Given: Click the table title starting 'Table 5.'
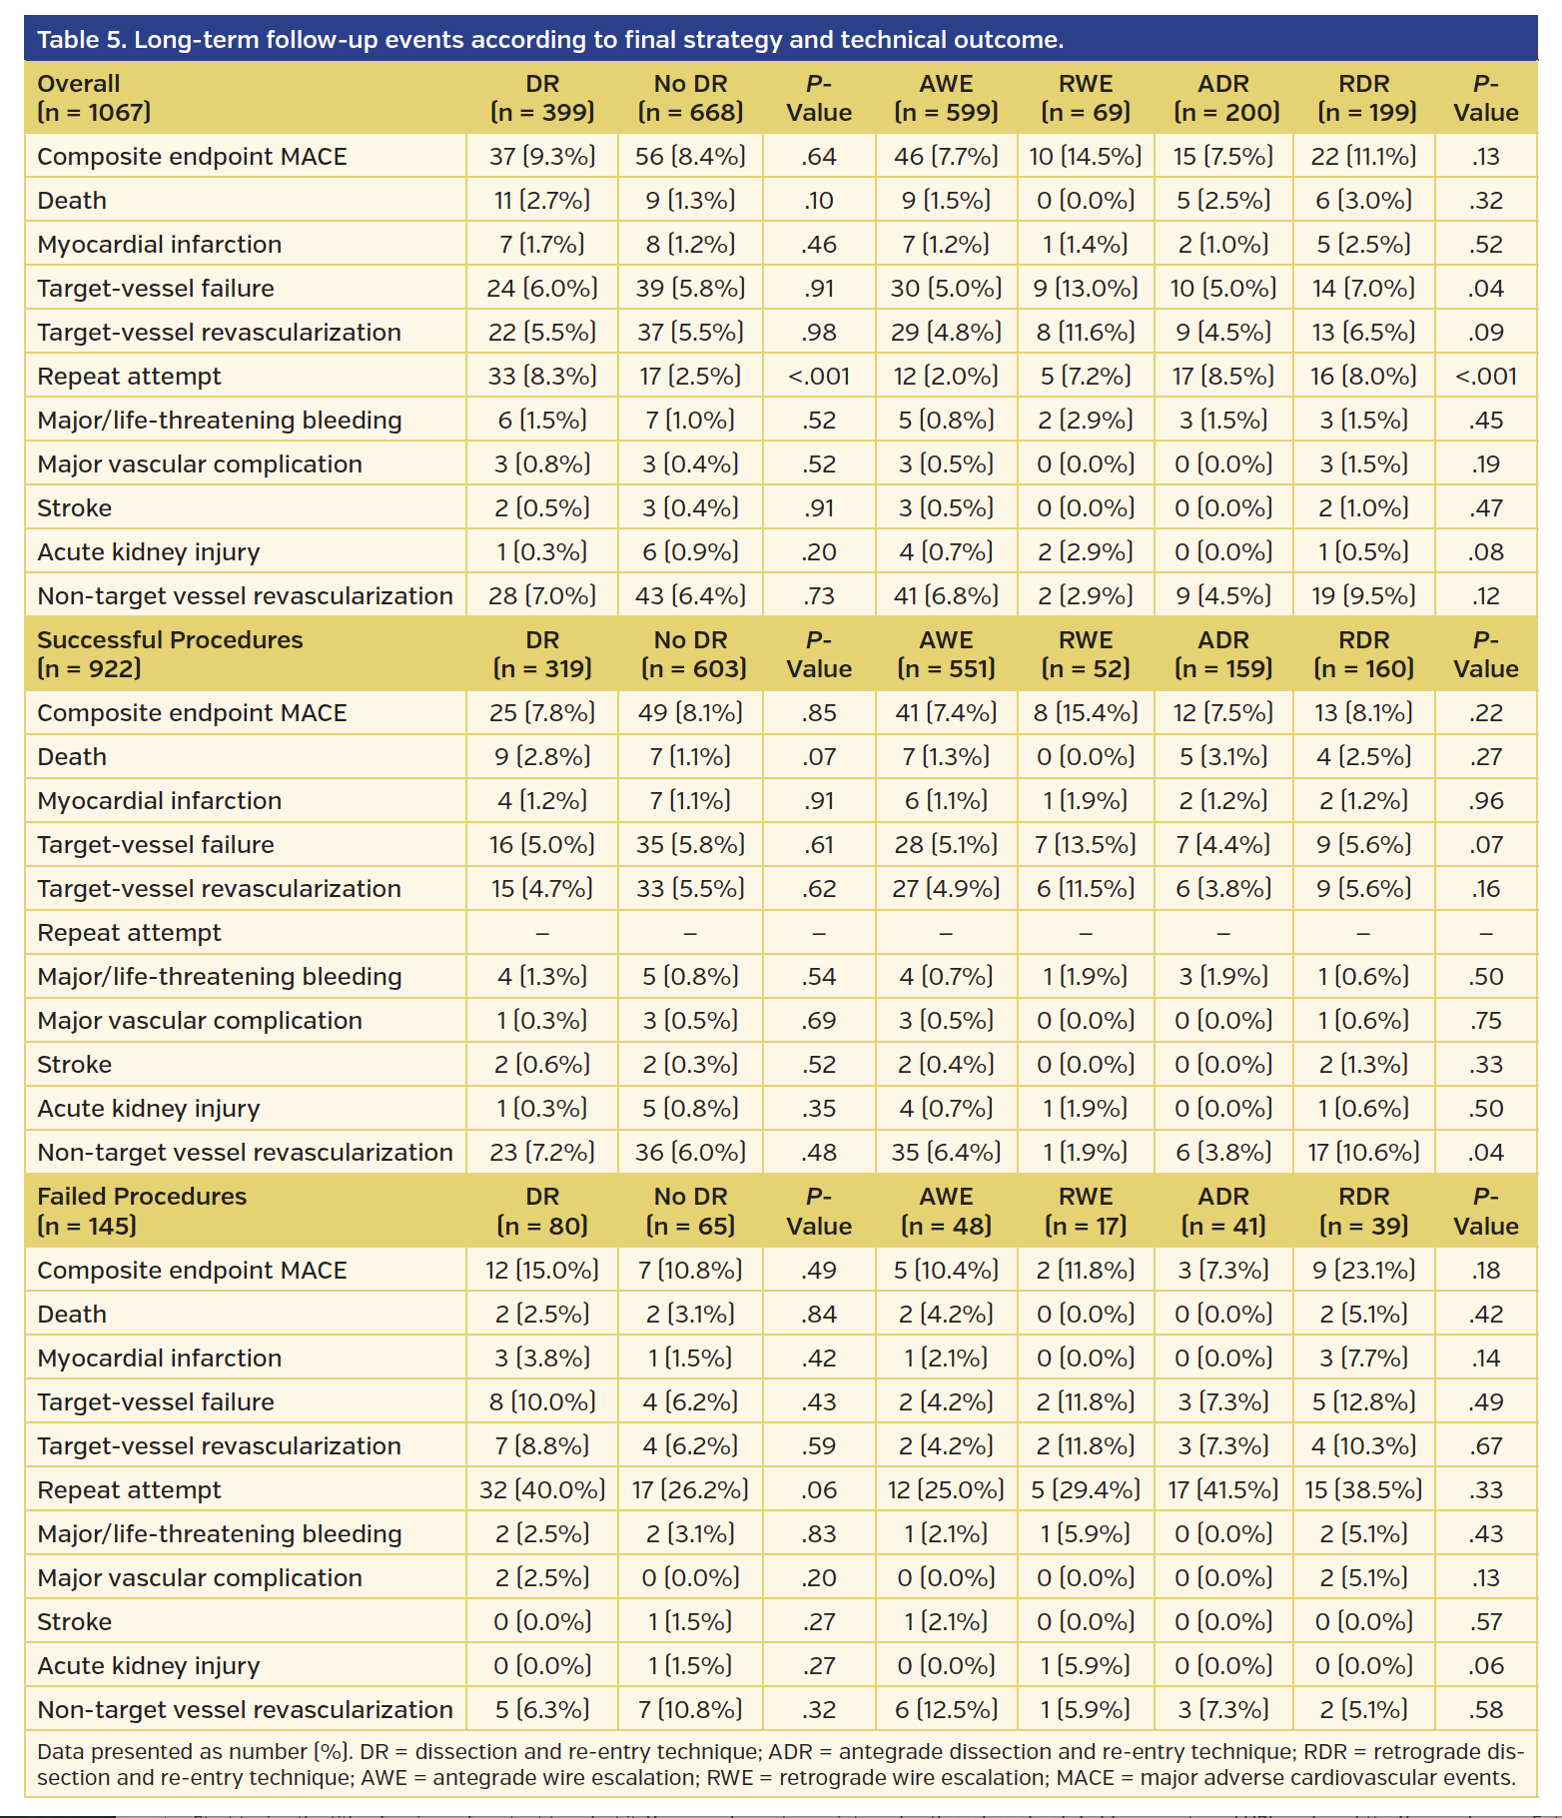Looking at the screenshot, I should pos(549,40).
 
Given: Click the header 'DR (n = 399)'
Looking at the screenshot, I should pos(542,98).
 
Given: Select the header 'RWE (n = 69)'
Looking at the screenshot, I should pos(1086,98).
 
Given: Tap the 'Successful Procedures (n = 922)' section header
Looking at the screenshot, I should pos(170,654).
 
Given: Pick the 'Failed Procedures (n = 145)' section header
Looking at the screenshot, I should pos(142,1211).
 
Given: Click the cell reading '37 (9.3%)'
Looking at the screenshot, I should pos(542,157).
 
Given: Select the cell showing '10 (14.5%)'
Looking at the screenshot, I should pos(1086,157).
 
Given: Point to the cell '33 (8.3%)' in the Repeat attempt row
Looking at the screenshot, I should pos(542,377).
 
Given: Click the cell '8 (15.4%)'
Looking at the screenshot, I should pos(1086,713).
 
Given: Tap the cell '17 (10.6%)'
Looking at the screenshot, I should pos(1363,1153).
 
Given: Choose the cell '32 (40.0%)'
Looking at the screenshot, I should pos(542,1490).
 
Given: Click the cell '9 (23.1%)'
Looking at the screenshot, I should pos(1363,1271).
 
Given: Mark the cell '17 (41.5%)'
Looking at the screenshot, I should pos(1223,1490).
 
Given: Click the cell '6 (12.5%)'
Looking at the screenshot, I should pos(946,1710).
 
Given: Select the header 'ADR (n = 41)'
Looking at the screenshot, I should pos(1223,1211).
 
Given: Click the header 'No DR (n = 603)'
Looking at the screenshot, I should pos(691,654).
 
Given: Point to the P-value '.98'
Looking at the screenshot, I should pos(819,333).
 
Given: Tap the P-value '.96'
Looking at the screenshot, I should pos(1486,801).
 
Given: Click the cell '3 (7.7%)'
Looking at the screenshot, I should pos(1363,1359).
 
